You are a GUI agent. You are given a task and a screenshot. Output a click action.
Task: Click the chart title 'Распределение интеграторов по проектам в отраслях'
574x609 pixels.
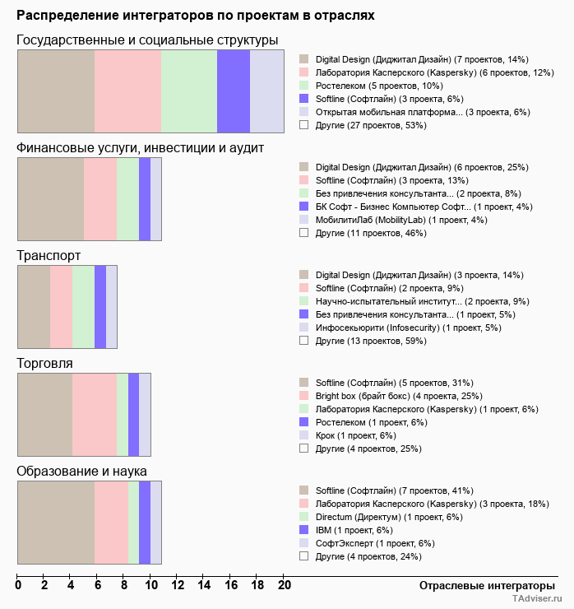(195, 16)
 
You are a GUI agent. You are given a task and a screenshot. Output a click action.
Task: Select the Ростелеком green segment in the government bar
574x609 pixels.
(188, 91)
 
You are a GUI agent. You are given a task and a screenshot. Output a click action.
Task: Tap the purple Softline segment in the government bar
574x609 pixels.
(233, 91)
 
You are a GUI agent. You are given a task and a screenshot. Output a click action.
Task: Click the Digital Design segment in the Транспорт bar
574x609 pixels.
(34, 307)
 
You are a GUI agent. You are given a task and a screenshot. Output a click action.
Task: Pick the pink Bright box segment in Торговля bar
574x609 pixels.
(94, 414)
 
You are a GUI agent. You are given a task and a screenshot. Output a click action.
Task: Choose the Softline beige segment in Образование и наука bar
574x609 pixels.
(56, 523)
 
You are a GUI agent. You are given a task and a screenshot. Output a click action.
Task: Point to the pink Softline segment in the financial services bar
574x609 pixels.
(100, 199)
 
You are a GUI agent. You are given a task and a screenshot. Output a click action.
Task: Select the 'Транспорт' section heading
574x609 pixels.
(49, 256)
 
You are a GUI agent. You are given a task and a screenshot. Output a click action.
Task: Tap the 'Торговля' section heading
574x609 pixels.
(44, 363)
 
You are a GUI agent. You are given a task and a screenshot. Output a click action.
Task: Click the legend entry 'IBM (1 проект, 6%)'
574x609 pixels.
(356, 530)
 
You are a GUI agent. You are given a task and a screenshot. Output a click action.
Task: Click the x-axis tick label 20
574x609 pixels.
(284, 586)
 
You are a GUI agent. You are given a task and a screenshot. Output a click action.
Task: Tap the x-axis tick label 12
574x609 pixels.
(178, 586)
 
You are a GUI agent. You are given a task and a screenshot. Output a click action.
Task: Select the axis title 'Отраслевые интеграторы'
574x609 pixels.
(482, 585)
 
